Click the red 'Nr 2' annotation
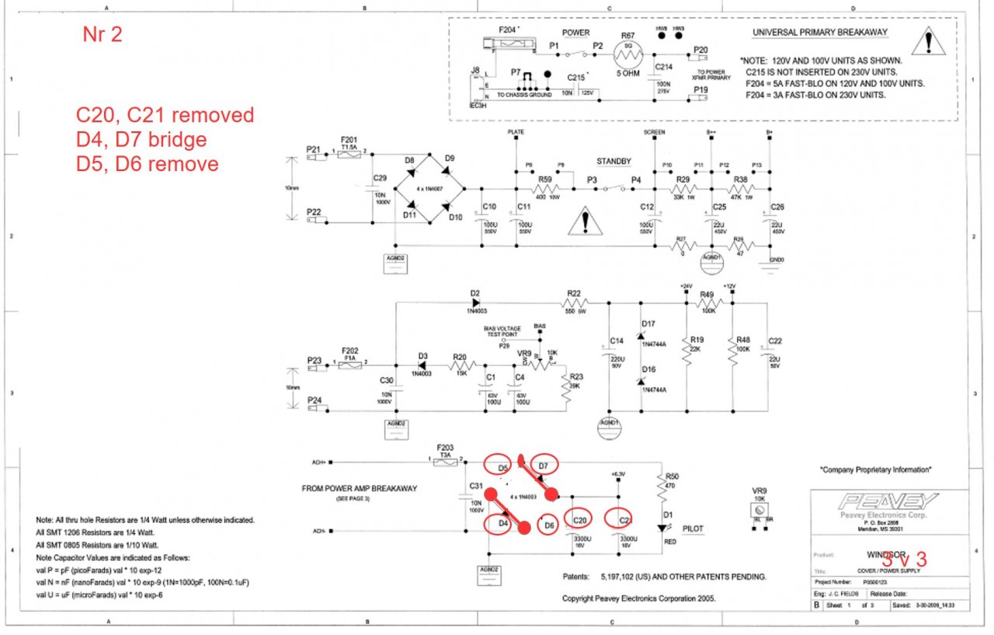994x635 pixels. point(103,35)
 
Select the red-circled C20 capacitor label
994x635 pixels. point(579,519)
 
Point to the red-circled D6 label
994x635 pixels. point(548,525)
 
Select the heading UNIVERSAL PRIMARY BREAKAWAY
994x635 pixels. point(820,33)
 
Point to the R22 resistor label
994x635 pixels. point(574,293)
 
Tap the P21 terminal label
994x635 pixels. point(313,148)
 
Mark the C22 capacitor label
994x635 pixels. point(774,341)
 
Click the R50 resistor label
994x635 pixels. point(673,475)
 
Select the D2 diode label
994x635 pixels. point(474,293)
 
